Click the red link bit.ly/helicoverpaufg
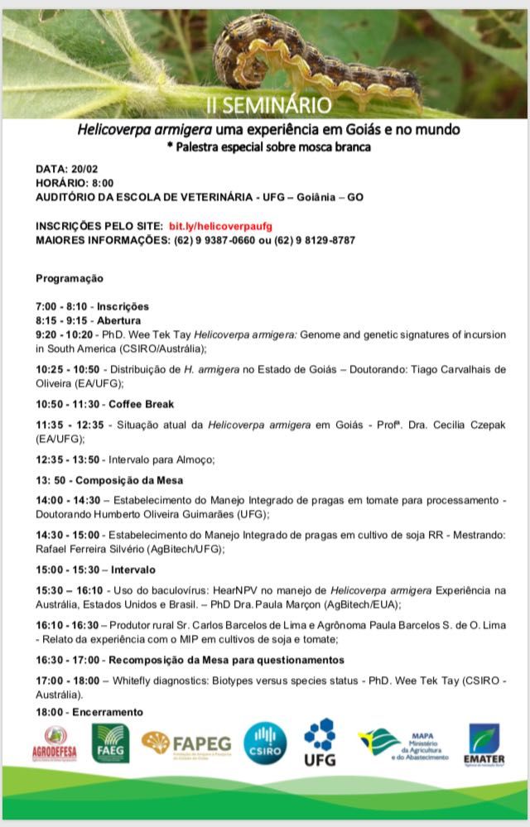coord(220,226)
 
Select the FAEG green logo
coord(111,743)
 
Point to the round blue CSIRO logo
coord(265,743)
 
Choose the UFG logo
coord(320,742)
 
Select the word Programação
coord(70,278)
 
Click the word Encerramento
coord(108,712)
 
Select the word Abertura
coord(119,320)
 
